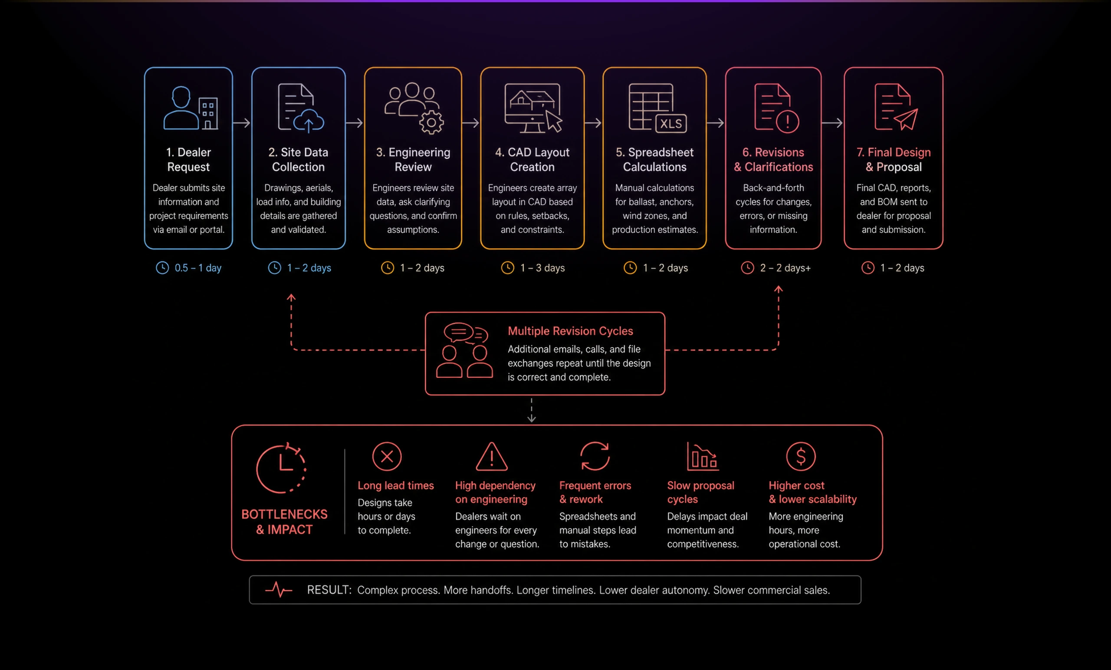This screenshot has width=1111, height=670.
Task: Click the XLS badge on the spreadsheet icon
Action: pos(671,123)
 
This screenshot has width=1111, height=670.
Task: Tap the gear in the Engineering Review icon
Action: pos(431,122)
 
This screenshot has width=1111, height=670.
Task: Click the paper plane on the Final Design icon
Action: pos(906,119)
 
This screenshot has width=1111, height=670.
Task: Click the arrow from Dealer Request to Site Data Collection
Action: pos(242,122)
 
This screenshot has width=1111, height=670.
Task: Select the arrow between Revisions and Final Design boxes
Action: pos(832,122)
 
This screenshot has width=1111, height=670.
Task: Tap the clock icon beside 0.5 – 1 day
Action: pos(162,267)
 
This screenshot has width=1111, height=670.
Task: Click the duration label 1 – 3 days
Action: pos(542,268)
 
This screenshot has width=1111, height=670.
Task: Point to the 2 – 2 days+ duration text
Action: pos(785,268)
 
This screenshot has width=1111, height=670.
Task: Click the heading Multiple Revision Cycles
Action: pos(570,331)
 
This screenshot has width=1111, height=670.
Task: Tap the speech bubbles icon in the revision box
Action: pos(466,334)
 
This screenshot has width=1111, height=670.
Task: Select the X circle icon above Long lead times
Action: pos(387,456)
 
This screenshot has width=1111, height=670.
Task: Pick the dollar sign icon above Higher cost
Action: pos(801,456)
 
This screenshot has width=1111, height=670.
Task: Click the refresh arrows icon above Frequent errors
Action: pos(595,456)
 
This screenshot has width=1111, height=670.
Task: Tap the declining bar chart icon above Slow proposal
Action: pos(703,456)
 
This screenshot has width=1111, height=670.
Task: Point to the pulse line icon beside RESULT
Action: pos(279,589)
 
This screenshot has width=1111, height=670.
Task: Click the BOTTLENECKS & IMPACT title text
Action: pos(285,521)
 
